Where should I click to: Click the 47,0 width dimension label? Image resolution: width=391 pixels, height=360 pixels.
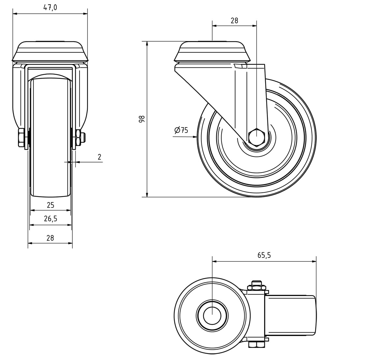coord(50,7)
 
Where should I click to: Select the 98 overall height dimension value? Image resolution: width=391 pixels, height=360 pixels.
coord(141,119)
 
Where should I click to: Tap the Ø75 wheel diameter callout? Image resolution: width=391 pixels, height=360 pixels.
coord(181,130)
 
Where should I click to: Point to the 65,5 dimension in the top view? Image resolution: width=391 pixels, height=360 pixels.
coord(264,255)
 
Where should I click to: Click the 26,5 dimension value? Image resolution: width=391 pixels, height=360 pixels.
coord(51,219)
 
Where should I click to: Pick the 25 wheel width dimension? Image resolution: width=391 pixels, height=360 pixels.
coord(51,205)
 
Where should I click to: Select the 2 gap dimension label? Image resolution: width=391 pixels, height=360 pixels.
coord(99,157)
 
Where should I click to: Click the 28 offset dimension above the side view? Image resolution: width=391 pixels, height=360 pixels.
coord(234,21)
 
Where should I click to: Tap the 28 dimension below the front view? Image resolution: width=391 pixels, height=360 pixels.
coord(50,238)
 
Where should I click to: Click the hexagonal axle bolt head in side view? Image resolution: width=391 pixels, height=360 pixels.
coord(256,137)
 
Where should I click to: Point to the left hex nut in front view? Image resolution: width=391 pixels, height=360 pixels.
coord(21,137)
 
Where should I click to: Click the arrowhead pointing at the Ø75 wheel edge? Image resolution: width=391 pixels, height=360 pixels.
coord(195,137)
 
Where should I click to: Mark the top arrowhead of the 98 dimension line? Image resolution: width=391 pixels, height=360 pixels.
coord(147,43)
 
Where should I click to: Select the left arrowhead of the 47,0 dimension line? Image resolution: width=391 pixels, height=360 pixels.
coord(15,14)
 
